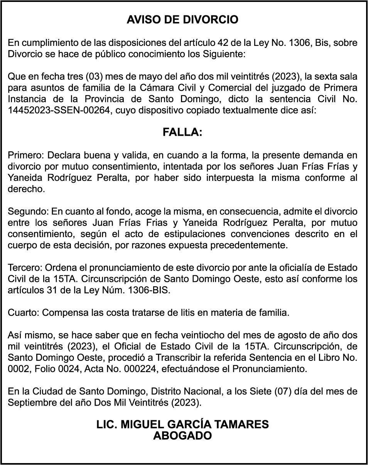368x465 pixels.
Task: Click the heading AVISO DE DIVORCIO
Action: coord(182,20)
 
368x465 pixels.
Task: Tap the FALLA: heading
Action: coord(182,132)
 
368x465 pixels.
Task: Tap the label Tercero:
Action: coord(25,268)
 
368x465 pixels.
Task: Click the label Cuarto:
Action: coord(24,313)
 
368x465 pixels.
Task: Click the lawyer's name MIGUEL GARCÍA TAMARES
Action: coord(195,425)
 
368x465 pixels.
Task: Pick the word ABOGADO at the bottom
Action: coord(182,436)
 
